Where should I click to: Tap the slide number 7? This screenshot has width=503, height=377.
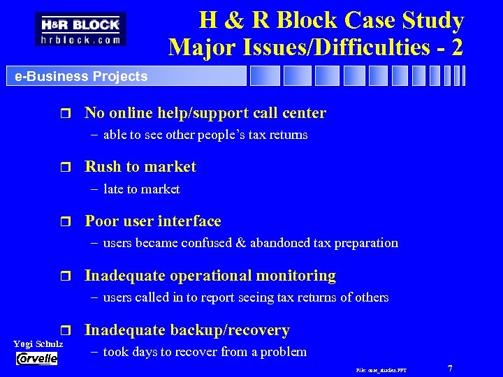451,367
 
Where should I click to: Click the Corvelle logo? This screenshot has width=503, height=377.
38,358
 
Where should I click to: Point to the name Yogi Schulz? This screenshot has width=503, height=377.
38,344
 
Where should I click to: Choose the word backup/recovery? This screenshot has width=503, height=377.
233,330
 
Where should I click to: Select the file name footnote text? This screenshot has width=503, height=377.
381,369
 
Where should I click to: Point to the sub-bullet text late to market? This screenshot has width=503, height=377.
141,189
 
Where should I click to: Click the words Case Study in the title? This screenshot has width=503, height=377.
407,20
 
